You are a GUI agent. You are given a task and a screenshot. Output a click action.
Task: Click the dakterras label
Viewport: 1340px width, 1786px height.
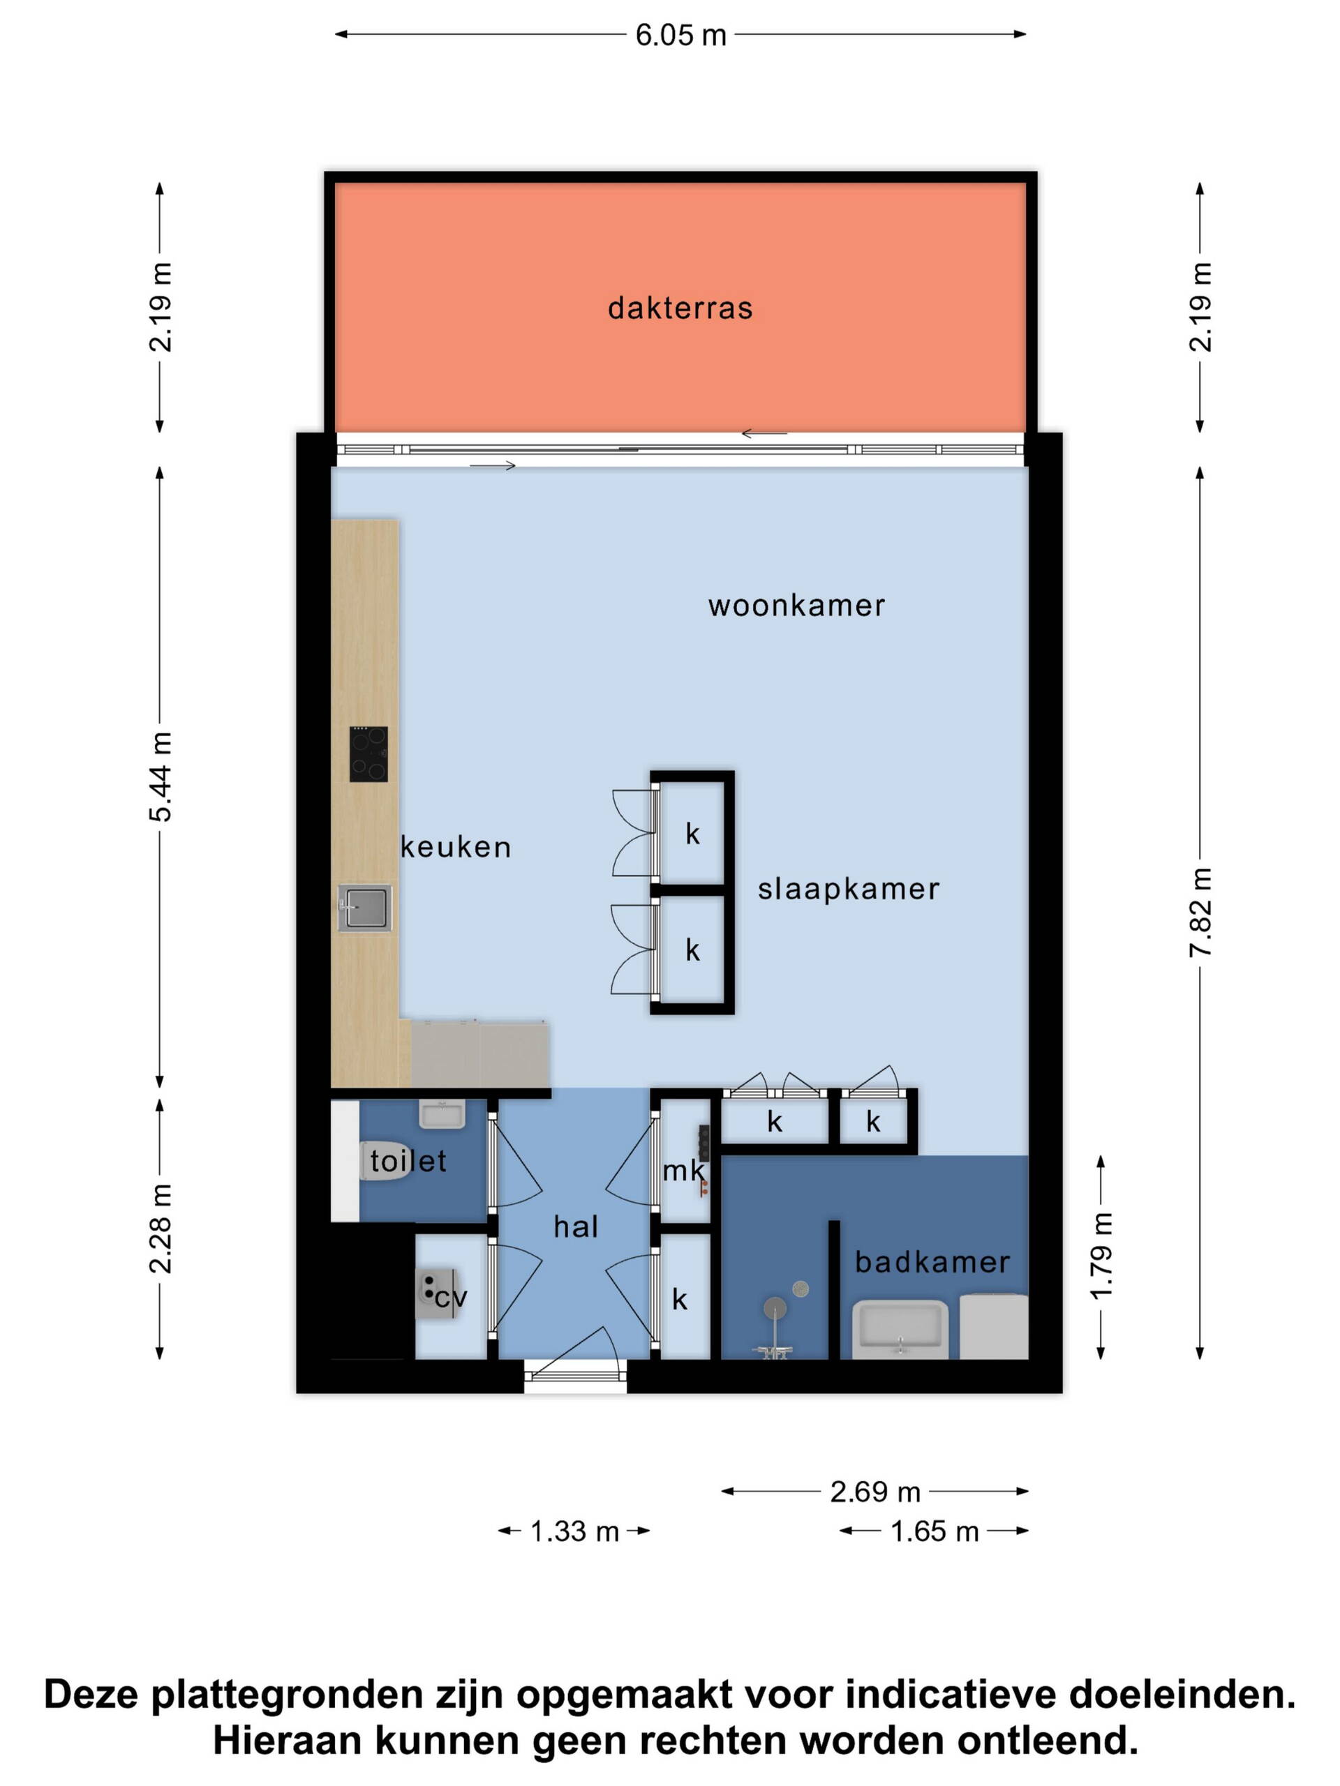coord(680,308)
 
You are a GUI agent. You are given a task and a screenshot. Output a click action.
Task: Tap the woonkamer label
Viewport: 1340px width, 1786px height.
coord(796,606)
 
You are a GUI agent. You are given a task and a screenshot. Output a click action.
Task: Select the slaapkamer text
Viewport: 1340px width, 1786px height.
coord(849,890)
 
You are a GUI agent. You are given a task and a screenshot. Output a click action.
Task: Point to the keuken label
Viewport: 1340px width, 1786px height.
coord(456,847)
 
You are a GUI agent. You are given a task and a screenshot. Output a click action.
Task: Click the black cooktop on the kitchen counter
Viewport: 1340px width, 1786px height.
coord(368,754)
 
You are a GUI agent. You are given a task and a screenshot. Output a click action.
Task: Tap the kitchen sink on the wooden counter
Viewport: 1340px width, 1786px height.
coord(364,908)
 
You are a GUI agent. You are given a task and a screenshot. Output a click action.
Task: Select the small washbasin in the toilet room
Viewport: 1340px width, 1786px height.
coord(442,1115)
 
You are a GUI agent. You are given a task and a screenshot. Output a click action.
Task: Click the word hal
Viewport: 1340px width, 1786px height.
coord(576,1227)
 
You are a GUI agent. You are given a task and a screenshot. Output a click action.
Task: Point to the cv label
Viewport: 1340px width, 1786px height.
coord(451,1298)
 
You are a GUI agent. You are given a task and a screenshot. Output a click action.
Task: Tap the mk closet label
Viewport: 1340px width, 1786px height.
coord(683,1171)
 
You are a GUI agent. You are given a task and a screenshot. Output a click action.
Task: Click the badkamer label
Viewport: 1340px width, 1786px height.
coord(933,1262)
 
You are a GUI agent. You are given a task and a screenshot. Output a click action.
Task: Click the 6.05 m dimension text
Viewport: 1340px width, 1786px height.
coord(681,36)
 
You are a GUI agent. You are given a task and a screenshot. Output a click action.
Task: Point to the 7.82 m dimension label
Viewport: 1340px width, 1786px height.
coord(1200,913)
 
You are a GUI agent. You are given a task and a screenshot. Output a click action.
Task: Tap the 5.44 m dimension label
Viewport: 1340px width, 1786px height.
coord(161,776)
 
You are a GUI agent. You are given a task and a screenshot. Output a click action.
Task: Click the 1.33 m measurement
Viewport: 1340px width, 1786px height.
coord(574,1531)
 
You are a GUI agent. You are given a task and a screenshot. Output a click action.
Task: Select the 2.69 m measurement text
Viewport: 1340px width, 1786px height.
coord(876,1492)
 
